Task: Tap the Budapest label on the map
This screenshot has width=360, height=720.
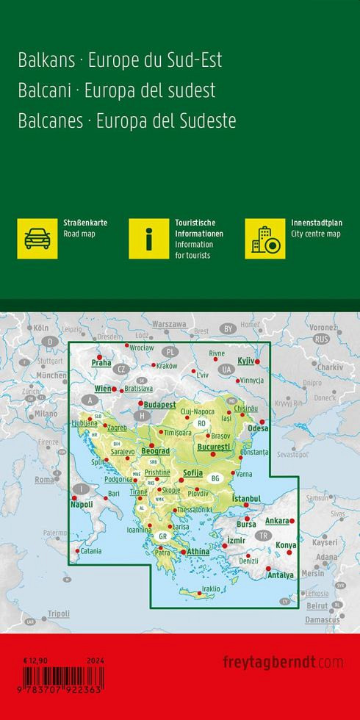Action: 161,404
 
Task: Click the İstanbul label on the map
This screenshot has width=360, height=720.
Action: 246,499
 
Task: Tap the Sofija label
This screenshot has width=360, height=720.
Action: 192,473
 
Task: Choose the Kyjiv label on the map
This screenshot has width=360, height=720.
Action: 245,360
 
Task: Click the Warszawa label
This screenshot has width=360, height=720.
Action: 169,324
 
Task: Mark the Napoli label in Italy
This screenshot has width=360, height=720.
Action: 81,505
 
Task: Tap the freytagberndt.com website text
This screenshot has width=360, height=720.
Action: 283,662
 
